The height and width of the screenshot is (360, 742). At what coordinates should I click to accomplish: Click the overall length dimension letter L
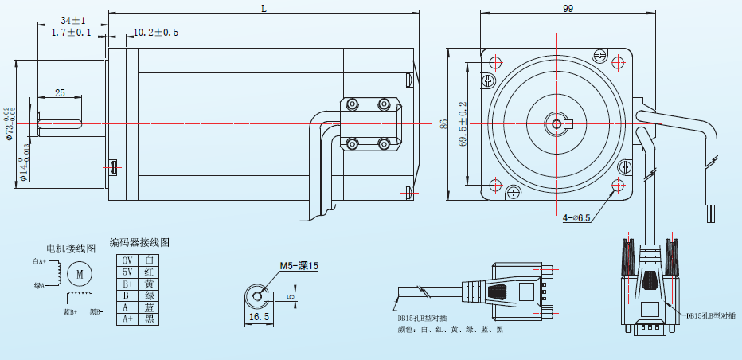(264, 8)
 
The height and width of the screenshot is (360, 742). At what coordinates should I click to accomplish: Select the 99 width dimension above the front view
(568, 8)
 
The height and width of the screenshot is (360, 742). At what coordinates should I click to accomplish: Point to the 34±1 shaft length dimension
(72, 19)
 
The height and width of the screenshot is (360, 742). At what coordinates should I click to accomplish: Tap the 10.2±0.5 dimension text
(156, 33)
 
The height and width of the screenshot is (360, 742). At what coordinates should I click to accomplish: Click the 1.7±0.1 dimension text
(71, 33)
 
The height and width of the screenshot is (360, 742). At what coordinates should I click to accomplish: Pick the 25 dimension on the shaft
(60, 93)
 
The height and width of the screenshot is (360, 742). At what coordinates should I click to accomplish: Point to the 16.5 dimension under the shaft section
(260, 316)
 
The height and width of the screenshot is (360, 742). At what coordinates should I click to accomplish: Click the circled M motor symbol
(80, 274)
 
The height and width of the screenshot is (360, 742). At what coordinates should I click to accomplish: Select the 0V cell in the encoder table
(127, 260)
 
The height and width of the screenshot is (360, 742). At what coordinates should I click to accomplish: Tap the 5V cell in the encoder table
(127, 272)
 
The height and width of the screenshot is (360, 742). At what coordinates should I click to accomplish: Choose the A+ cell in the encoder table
(127, 319)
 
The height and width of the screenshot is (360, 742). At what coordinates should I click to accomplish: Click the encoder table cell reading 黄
(149, 284)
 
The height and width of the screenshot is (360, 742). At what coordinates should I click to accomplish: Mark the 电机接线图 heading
(71, 248)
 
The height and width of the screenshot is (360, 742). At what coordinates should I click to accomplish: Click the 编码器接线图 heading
(139, 242)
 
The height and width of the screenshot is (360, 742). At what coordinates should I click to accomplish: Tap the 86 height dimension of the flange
(444, 124)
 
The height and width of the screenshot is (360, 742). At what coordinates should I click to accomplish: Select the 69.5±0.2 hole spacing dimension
(464, 123)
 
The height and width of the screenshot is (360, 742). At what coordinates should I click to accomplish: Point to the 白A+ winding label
(39, 261)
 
